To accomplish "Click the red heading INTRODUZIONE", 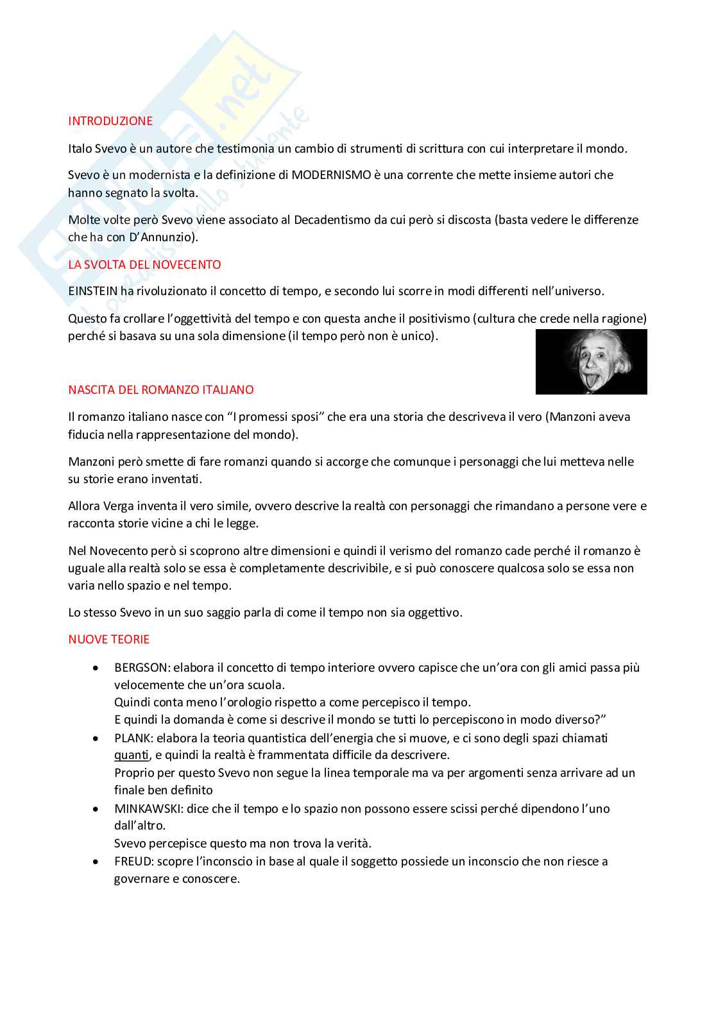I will click(110, 121).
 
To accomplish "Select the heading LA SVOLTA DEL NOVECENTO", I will click(144, 265).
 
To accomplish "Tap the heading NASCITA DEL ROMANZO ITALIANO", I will click(160, 390).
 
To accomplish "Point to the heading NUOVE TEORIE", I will click(108, 640).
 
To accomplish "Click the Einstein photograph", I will click(591, 362).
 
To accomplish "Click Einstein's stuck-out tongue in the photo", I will click(588, 384).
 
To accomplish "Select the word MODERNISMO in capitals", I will click(331, 175).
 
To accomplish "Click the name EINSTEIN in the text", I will click(93, 291).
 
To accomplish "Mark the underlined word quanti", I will click(132, 755).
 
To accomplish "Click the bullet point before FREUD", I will click(96, 862).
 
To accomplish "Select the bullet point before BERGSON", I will click(96, 668).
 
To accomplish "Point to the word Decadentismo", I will click(332, 220).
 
